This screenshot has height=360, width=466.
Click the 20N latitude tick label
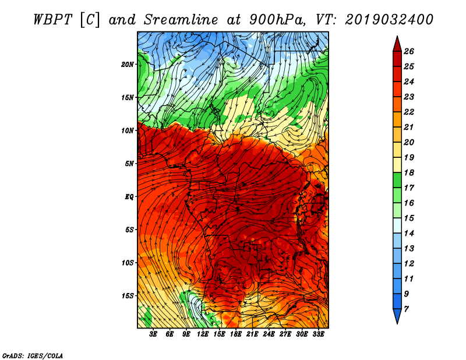point(128,65)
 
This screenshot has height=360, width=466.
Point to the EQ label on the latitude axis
point(129,197)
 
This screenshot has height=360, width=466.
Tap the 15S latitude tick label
point(128,296)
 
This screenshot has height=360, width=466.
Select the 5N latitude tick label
point(129,164)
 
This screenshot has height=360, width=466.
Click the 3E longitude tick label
point(153,334)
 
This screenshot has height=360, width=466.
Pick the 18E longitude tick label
point(236,334)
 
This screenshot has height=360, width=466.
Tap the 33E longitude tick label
point(318,334)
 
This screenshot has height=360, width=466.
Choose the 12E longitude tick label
point(203,334)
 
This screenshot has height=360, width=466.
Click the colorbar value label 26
point(409,51)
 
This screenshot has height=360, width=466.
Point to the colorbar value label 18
point(409,172)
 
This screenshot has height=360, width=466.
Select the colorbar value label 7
point(406,309)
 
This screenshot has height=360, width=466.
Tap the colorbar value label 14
point(409,234)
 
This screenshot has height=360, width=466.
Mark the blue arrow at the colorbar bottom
point(397,316)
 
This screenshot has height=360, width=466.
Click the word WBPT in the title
point(52,20)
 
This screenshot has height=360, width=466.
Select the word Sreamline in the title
point(181,20)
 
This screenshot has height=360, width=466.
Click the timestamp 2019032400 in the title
point(389,20)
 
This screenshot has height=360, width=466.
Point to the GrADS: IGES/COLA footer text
point(33,356)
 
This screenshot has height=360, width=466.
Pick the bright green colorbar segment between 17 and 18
point(397,180)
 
